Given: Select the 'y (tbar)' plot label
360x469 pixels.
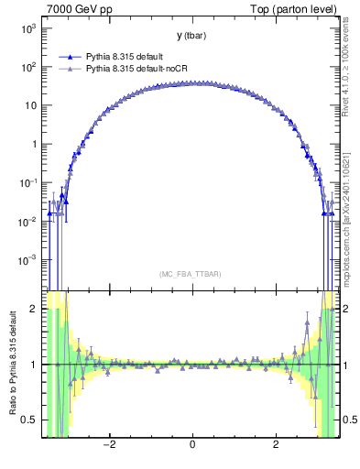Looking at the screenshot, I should [191, 36].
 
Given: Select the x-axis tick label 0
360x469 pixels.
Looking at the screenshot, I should [192, 446].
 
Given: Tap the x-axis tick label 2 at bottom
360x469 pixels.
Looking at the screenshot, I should [277, 446].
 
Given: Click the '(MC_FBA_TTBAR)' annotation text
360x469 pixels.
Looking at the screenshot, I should [191, 274].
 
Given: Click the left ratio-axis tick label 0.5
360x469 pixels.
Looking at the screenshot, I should [31, 420].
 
